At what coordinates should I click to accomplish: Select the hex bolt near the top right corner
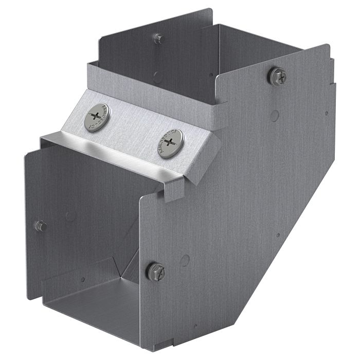click(277, 76)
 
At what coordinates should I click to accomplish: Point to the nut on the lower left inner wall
click(40, 226)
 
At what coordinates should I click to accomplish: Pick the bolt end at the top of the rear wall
click(158, 38)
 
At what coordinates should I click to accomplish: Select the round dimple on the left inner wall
click(70, 216)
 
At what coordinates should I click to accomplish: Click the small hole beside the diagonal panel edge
click(278, 236)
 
